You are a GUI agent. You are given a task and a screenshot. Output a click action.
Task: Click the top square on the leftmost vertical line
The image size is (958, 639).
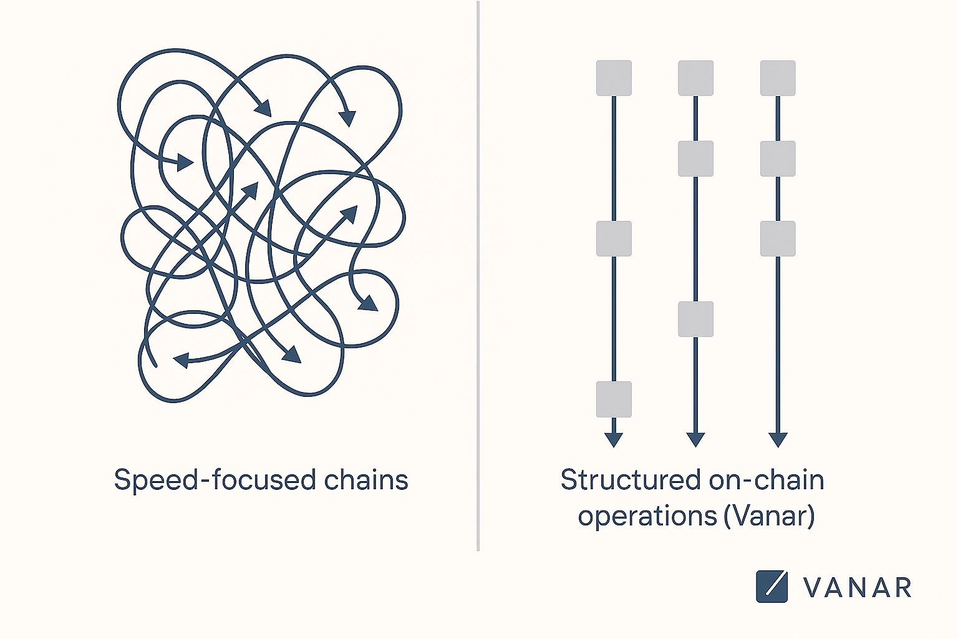tap(614, 78)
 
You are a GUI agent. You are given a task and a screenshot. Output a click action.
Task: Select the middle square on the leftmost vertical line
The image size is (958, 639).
tap(614, 238)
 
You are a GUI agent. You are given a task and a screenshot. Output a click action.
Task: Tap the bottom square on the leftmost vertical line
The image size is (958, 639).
tap(614, 399)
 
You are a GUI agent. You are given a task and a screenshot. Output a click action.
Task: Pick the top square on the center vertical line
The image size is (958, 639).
tap(695, 78)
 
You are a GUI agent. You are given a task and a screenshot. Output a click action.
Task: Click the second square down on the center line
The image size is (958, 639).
tap(695, 159)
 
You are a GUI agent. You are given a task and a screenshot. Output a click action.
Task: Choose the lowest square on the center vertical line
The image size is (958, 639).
tap(695, 319)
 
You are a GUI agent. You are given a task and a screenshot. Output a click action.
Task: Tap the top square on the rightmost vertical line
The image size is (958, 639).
tap(778, 78)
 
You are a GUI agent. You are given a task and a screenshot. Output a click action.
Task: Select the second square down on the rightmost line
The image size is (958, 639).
tap(778, 159)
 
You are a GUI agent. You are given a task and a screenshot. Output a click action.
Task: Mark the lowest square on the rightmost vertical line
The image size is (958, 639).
tap(778, 238)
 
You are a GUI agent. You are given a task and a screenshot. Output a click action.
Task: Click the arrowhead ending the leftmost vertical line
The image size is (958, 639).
tap(614, 439)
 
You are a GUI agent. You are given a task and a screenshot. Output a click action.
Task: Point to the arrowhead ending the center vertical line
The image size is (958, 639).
tap(695, 439)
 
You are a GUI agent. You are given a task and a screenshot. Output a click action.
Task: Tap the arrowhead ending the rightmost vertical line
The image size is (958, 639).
tap(778, 439)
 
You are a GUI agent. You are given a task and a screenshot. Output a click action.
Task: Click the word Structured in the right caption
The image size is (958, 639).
tap(631, 480)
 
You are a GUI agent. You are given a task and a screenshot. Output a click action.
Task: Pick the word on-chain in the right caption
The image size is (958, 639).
tap(767, 480)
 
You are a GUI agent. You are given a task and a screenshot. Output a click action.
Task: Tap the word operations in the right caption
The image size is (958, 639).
tap(647, 517)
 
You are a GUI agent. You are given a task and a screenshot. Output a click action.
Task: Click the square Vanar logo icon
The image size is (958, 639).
tap(772, 587)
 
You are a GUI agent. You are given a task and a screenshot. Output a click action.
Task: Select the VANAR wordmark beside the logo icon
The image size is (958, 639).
tap(857, 588)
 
